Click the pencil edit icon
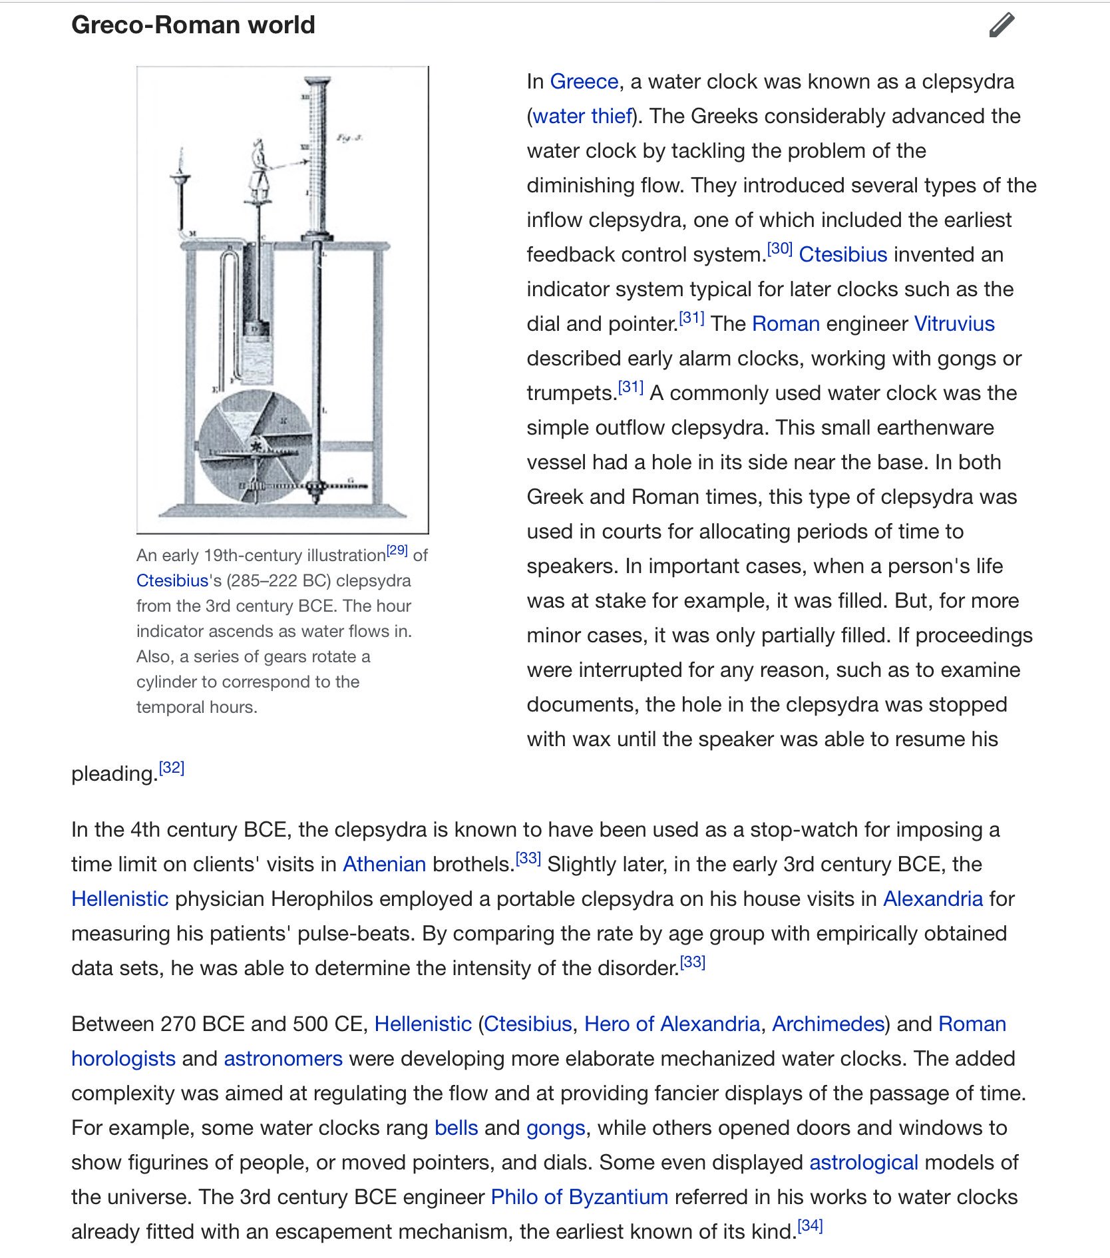(1002, 25)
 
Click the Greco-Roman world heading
(193, 25)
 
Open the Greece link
(584, 81)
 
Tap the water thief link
(582, 116)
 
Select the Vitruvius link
(954, 323)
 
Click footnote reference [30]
(779, 249)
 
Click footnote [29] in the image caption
(397, 550)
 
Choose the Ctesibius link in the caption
(172, 580)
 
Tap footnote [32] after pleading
(172, 768)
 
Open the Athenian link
(384, 864)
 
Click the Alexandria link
(932, 899)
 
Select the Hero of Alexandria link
(671, 1024)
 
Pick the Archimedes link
(828, 1024)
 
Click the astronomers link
(283, 1058)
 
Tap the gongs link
(556, 1128)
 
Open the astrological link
(863, 1162)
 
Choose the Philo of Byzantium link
(579, 1197)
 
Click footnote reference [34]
(810, 1226)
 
